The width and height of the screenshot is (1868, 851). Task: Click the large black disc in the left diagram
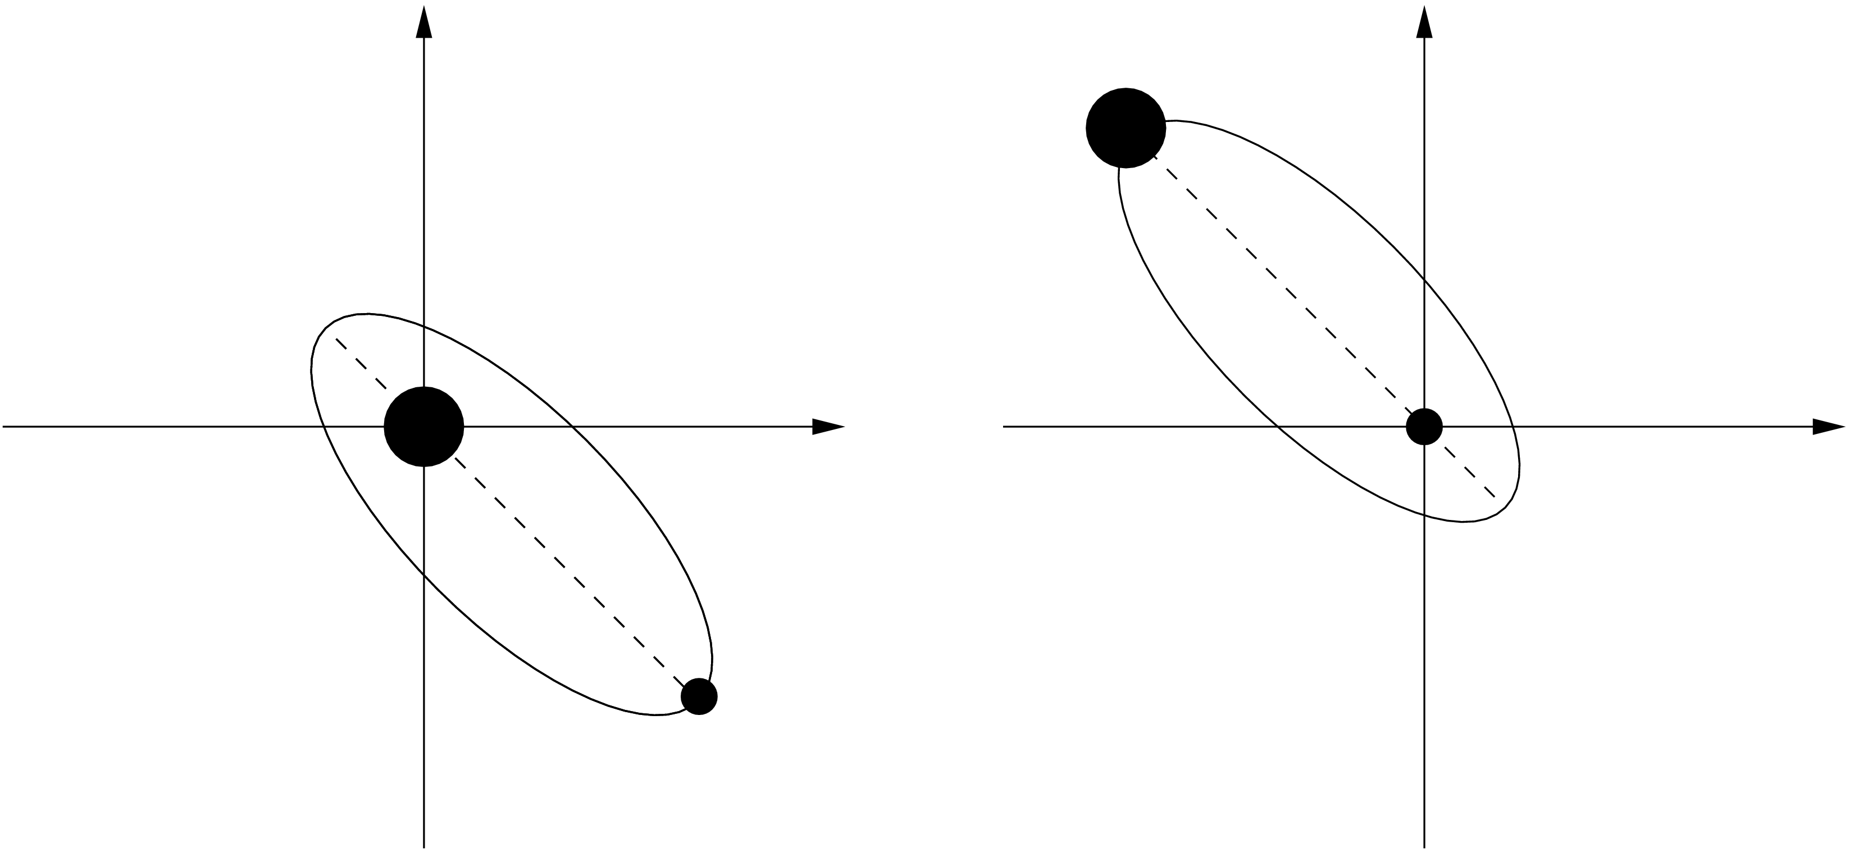click(423, 427)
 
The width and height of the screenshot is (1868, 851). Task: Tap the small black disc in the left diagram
click(699, 696)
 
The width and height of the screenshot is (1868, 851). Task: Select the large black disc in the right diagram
click(1126, 128)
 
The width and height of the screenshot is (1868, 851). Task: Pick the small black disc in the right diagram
click(1424, 427)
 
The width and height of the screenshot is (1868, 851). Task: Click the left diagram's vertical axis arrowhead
click(423, 22)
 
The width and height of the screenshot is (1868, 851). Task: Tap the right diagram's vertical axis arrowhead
click(1424, 22)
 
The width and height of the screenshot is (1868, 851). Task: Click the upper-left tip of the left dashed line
click(336, 338)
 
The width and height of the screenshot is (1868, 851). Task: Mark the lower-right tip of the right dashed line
click(1495, 497)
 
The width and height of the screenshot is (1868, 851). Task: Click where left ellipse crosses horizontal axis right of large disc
click(572, 427)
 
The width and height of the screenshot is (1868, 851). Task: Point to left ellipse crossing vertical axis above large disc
click(423, 326)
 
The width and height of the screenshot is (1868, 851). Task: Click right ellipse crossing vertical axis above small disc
click(1424, 279)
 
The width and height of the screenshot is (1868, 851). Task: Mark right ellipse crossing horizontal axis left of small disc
click(1275, 427)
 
